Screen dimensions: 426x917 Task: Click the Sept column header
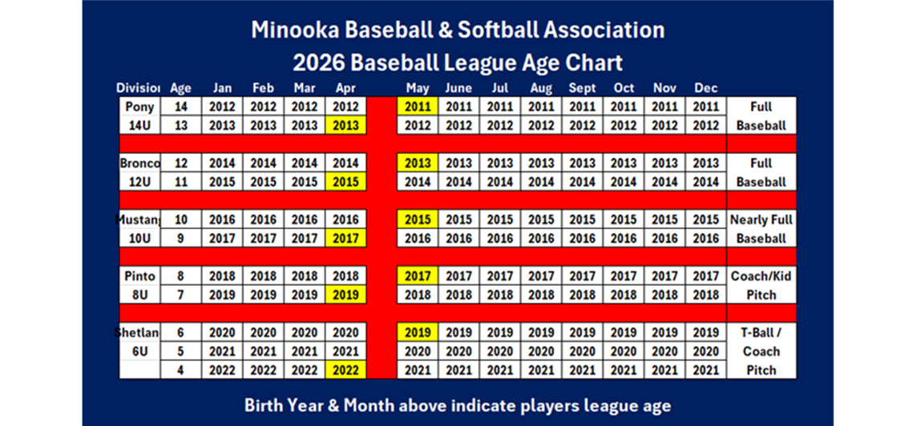[582, 88]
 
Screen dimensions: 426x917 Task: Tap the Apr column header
[345, 88]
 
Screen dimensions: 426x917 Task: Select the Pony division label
[139, 106]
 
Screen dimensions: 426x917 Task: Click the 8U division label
[139, 295]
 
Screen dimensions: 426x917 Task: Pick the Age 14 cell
[180, 106]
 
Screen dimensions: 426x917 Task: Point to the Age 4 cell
[180, 370]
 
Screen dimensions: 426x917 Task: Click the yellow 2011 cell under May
[418, 106]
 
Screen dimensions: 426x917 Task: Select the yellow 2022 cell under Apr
[345, 370]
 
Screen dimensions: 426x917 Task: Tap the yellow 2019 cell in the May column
[418, 332]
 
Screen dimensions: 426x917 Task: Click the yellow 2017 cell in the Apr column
[345, 239]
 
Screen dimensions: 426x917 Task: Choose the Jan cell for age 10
[222, 219]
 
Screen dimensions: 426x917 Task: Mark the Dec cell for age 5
[705, 352]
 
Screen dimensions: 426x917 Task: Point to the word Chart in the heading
[595, 62]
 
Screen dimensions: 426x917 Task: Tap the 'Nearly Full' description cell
[761, 219]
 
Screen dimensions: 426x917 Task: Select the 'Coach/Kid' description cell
[761, 276]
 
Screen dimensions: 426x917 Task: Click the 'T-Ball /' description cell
[761, 332]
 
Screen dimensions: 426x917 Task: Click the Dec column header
[705, 88]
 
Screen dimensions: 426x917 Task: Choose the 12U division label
[139, 182]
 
